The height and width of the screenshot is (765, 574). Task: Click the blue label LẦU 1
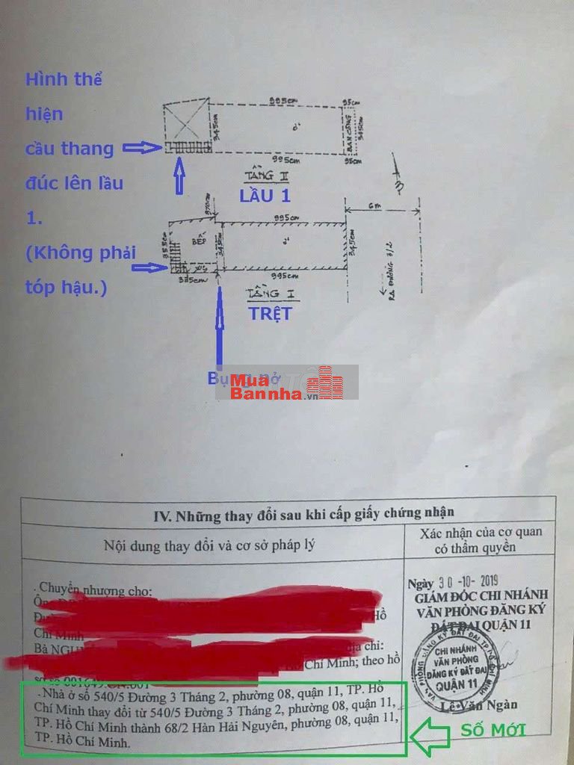[265, 196]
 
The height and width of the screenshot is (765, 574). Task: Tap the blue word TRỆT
[270, 314]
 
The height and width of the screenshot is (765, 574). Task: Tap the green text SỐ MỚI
[493, 730]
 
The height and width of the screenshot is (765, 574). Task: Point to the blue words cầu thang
[70, 148]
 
